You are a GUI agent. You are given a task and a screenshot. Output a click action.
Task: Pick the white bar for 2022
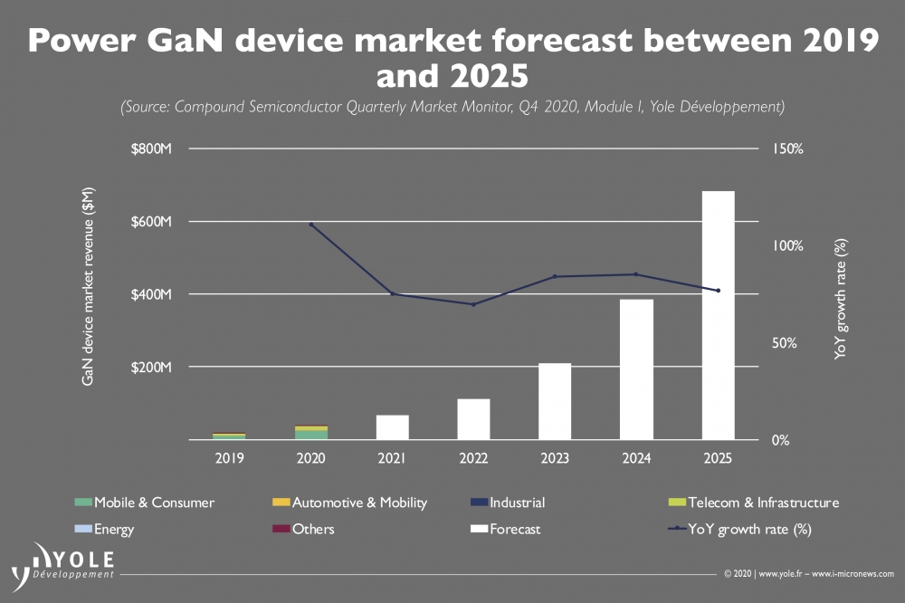click(x=473, y=419)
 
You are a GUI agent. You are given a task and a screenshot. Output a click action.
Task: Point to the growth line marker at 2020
click(x=311, y=225)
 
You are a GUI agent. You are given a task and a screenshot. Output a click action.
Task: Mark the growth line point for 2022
click(x=473, y=304)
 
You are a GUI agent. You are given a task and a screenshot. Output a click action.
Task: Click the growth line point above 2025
click(x=719, y=291)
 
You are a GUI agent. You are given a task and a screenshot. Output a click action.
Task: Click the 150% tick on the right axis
click(x=786, y=148)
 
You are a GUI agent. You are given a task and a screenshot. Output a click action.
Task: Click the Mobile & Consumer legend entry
click(x=145, y=502)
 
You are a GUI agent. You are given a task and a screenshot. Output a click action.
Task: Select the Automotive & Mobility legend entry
click(x=349, y=502)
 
